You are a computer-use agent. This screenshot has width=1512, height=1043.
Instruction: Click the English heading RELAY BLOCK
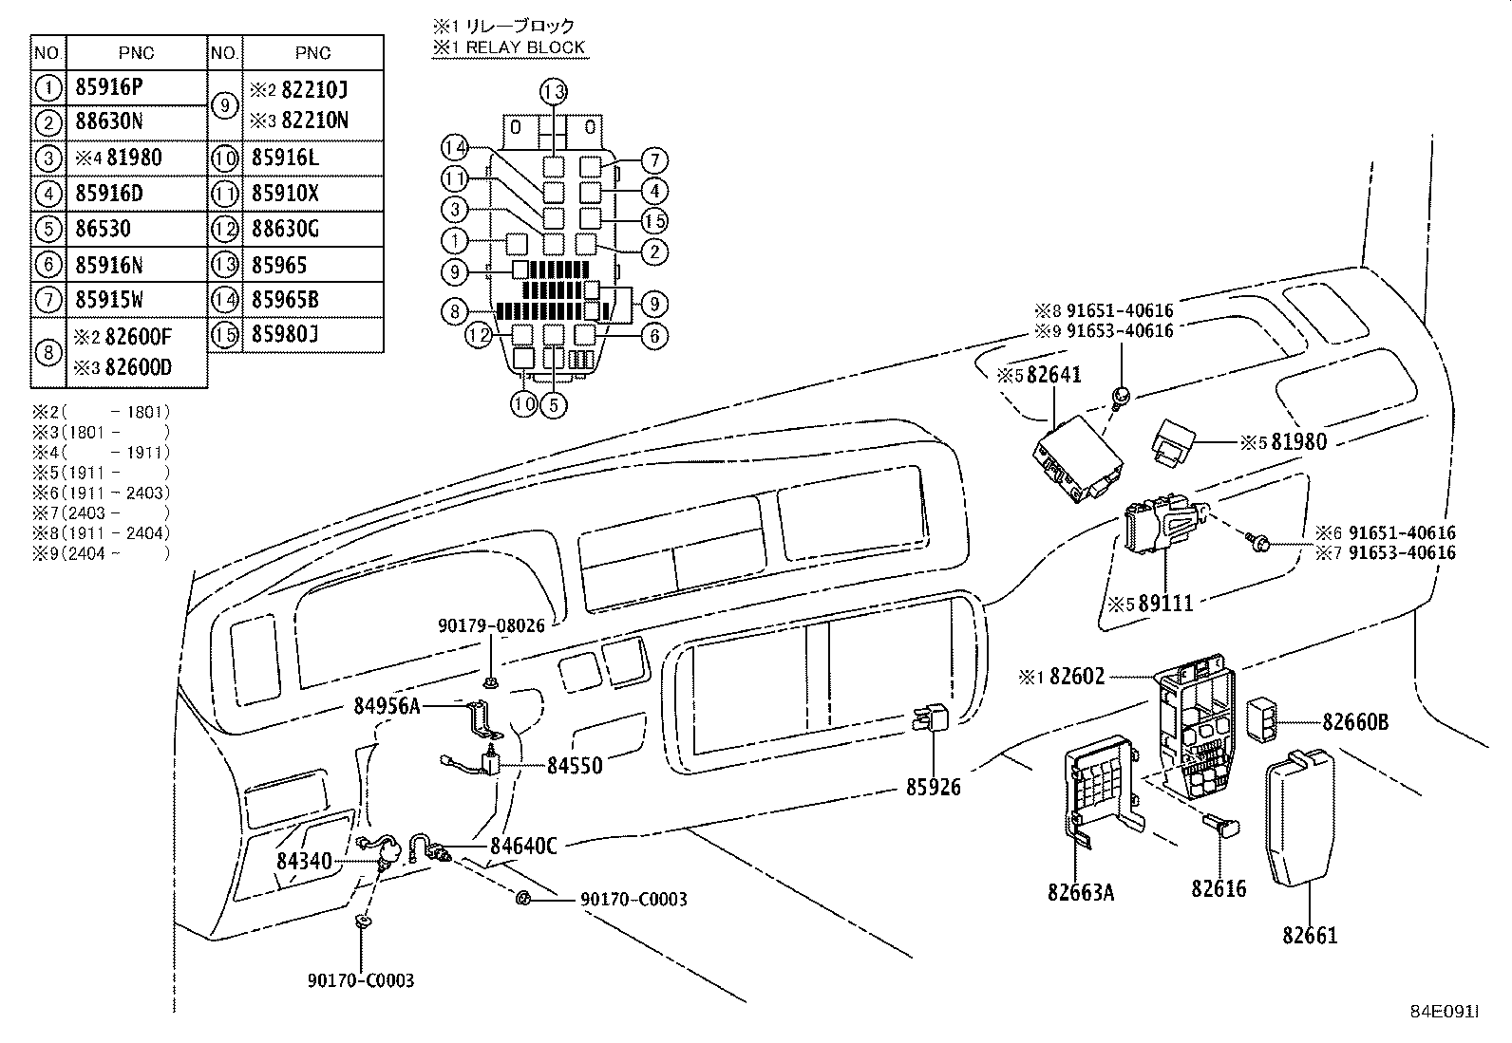[525, 47]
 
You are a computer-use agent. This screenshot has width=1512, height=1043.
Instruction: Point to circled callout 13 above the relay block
[554, 92]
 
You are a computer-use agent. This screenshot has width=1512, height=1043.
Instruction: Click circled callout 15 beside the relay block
[654, 221]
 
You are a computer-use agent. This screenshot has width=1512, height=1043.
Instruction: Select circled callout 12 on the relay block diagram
[479, 335]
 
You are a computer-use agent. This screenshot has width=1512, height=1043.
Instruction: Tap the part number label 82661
[1310, 936]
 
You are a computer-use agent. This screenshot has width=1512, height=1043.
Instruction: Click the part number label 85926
[933, 787]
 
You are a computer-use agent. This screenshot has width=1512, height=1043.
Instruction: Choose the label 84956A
[387, 706]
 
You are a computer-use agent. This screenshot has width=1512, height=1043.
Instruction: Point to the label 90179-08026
[491, 626]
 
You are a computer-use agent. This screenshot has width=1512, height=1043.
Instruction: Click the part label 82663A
[1081, 892]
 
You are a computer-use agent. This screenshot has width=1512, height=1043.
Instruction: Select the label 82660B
[1355, 722]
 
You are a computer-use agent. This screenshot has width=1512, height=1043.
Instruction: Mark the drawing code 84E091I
[1445, 1012]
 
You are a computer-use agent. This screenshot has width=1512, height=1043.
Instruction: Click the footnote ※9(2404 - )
[102, 554]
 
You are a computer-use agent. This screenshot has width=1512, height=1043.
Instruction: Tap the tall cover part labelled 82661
[1299, 816]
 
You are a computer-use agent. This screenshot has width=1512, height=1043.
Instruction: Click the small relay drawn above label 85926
[930, 717]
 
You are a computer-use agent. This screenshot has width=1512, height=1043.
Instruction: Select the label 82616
[1219, 889]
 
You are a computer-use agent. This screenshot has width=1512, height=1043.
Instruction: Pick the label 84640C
[523, 846]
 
